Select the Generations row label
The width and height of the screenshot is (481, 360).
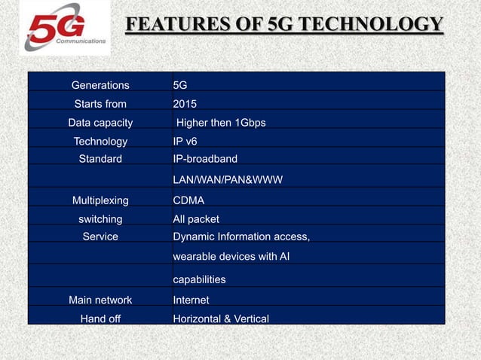click(x=100, y=85)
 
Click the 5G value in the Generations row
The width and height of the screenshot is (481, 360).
click(x=180, y=85)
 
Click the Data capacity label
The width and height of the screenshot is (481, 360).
click(x=100, y=123)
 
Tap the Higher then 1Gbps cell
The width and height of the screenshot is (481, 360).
click(x=220, y=123)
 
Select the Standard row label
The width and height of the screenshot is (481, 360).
click(x=100, y=159)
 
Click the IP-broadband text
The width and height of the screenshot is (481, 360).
click(x=205, y=159)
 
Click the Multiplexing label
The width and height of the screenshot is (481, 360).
click(x=100, y=200)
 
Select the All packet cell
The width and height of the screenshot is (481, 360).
click(x=196, y=219)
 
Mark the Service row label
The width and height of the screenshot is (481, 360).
click(x=100, y=236)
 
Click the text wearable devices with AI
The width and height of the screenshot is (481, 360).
click(x=231, y=257)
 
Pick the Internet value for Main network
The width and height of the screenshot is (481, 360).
click(x=191, y=300)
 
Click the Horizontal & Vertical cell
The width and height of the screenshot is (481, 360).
click(x=221, y=319)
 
